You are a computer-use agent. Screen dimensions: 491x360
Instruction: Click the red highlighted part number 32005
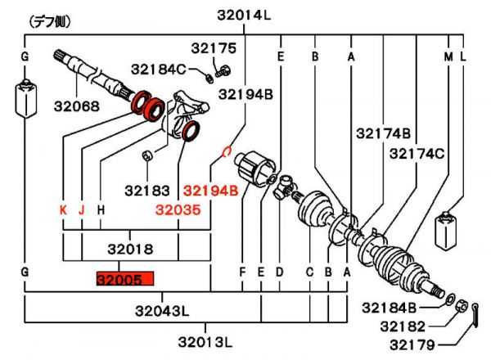pos(125,279)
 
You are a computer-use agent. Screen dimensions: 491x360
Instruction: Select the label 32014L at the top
pos(244,15)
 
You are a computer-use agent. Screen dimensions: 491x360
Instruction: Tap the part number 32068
pos(77,106)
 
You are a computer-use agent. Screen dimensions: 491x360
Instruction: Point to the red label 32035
pos(178,209)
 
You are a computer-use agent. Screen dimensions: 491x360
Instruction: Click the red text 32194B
pos(211,191)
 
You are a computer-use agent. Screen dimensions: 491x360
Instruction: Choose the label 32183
pos(147,191)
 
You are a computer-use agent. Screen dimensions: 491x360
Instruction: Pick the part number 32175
pos(214,48)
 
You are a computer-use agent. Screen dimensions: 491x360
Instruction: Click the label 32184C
pos(159,70)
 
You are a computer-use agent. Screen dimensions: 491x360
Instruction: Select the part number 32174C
pos(417,154)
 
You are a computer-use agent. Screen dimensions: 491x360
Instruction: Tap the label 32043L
pos(162,311)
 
